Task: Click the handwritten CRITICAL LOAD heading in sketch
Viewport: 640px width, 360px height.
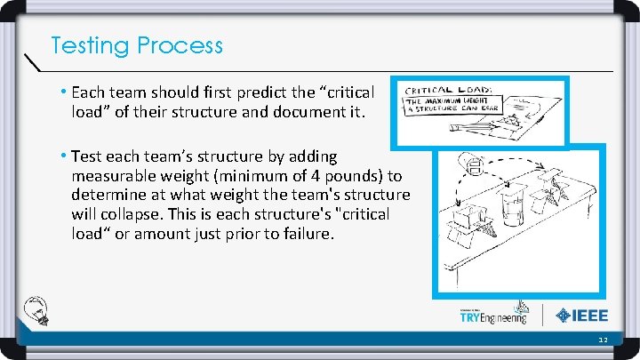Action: click(x=453, y=91)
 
